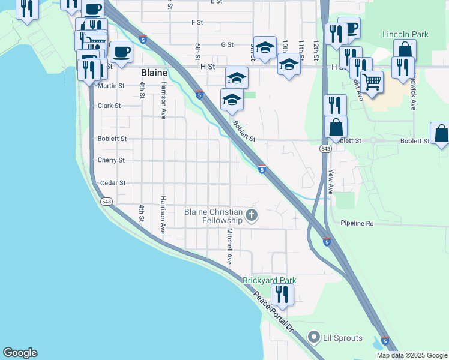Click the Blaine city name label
tap(153, 73)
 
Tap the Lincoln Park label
tap(406, 34)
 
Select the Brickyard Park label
tap(269, 280)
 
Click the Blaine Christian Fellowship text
tap(213, 216)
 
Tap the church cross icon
tap(252, 215)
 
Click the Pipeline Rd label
tap(357, 223)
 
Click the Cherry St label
tap(111, 161)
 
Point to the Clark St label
tap(109, 106)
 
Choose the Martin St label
tap(111, 86)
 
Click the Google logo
tap(20, 353)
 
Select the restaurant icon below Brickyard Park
tap(280, 295)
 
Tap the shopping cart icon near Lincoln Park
tap(372, 82)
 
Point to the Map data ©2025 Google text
tap(411, 355)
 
